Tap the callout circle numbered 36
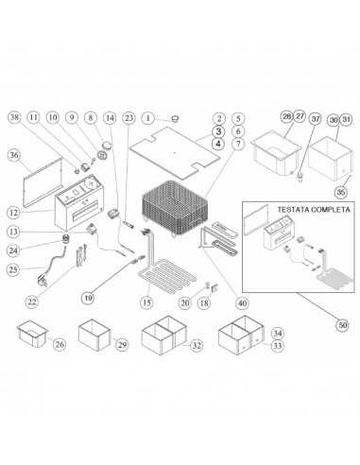(13, 154)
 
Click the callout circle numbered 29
(122, 347)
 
